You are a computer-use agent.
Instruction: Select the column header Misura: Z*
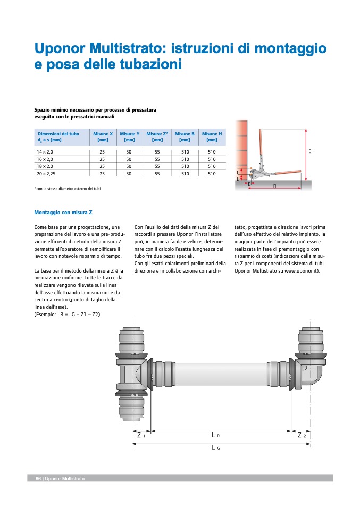pos(157,137)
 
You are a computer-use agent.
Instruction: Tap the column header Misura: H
pos(212,137)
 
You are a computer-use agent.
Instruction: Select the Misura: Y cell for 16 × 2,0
pos(129,159)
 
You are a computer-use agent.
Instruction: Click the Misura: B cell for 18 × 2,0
pos(185,166)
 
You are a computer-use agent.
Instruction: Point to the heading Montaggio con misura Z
pos(63,213)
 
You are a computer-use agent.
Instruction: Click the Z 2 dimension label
pos(302,435)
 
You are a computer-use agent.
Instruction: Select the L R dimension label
pos(215,435)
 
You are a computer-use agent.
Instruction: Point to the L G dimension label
pos(215,448)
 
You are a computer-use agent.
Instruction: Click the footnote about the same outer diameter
pos(67,189)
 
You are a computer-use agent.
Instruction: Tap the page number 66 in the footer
pos(38,479)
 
